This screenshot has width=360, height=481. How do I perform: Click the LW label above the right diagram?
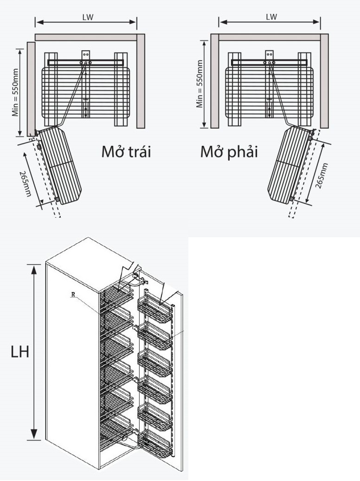pos(271,17)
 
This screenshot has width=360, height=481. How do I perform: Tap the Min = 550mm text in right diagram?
pos(199,84)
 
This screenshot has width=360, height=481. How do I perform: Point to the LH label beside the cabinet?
pos(20,352)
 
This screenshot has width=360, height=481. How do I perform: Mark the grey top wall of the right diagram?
pos(270,38)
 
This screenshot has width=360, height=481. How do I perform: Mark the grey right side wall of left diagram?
pos(141,81)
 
